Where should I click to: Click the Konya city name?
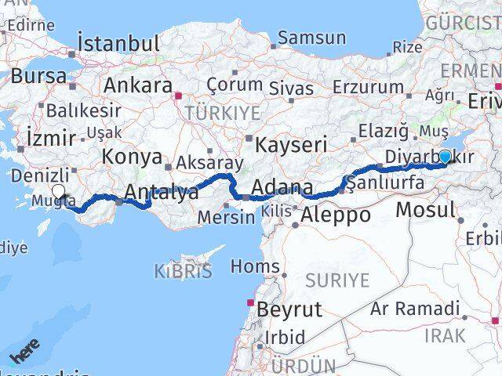[x=132, y=157]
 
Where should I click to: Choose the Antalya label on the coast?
[x=162, y=193]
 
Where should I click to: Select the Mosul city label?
[x=425, y=209]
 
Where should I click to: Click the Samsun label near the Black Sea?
[x=311, y=38]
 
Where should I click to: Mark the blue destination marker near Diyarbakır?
[x=445, y=157]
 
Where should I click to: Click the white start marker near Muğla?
[x=58, y=191]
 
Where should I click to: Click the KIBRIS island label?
[x=184, y=273]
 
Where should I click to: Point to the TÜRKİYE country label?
[x=222, y=113]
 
